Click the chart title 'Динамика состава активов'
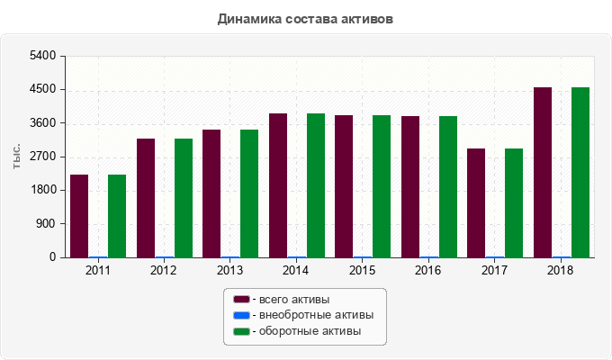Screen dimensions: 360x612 [306, 18]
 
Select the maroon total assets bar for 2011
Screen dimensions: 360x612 [79, 216]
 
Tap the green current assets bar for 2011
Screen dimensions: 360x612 [117, 216]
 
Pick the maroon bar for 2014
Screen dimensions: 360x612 [278, 185]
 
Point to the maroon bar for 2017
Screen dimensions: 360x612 [476, 203]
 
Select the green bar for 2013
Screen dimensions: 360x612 [249, 193]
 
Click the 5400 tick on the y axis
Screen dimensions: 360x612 [43, 56]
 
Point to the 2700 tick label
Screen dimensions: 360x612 [43, 157]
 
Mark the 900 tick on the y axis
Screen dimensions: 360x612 [47, 224]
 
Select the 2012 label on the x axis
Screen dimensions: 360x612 [164, 270]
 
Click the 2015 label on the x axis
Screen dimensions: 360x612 [363, 270]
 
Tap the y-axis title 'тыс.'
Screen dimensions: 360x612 [17, 157]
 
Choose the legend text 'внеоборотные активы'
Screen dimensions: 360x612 [316, 315]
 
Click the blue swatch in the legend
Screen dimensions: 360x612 [241, 315]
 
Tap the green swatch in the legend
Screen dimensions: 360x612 [241, 331]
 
